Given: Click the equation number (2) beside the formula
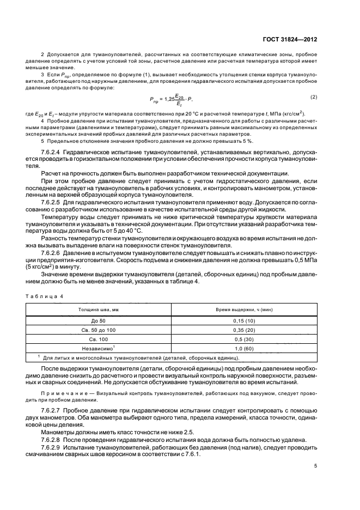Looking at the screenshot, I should (329, 97).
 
